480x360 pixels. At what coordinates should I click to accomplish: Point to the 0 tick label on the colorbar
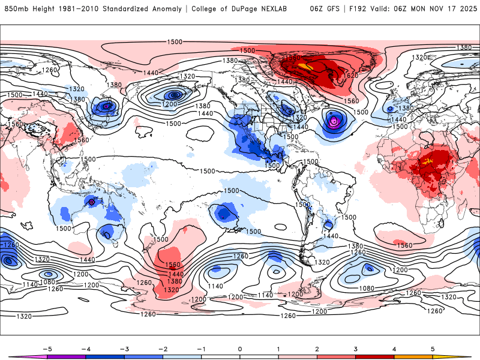[x=240, y=349]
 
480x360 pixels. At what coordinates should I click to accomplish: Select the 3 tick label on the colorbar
[x=356, y=349]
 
